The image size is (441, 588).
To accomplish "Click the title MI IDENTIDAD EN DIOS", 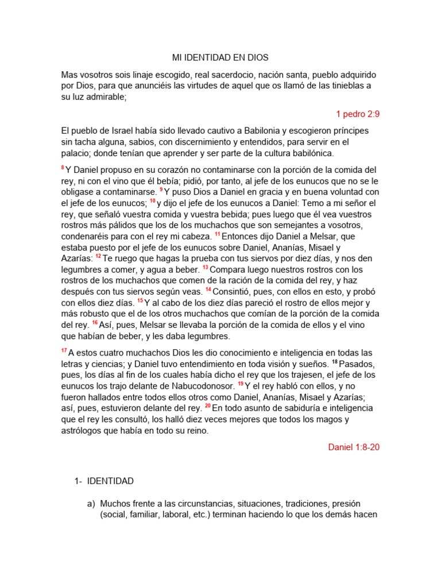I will (220, 58).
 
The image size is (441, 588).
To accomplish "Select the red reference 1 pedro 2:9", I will (358, 114).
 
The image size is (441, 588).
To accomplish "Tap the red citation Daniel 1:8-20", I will (353, 447).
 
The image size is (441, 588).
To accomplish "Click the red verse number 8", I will (63, 168).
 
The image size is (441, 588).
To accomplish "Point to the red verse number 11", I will (218, 234).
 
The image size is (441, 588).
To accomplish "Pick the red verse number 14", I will (208, 289).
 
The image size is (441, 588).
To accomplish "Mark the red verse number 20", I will (208, 405).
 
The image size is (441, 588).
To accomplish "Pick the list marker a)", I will (91, 504).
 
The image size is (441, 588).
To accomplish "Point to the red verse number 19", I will (241, 384).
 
